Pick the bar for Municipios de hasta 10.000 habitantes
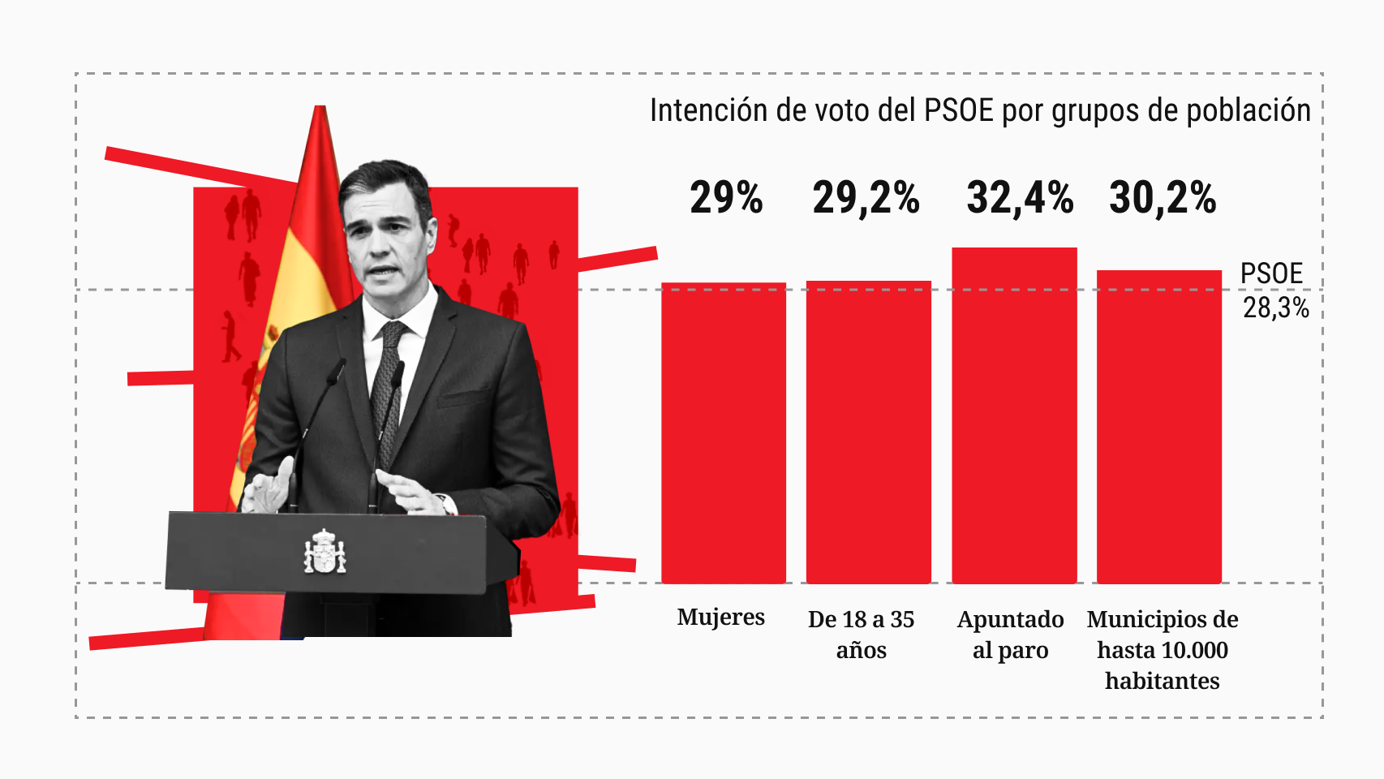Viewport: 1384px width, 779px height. (1159, 427)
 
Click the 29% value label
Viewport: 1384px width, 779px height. (726, 198)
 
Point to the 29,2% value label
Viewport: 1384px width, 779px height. (866, 198)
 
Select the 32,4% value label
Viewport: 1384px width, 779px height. (1020, 198)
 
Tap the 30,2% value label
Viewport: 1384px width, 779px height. (1163, 198)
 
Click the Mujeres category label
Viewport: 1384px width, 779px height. (720, 618)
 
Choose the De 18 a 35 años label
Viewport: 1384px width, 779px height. (861, 634)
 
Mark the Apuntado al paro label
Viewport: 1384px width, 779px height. (1010, 634)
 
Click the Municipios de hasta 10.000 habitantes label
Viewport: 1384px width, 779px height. (1163, 649)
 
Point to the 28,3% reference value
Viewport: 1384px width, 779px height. (1275, 308)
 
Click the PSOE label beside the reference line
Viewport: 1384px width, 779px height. (1271, 273)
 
